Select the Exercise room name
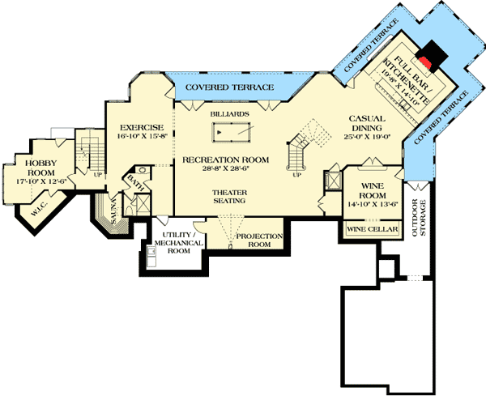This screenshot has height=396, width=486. [142, 127]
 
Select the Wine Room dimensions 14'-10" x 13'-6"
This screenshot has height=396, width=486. [373, 204]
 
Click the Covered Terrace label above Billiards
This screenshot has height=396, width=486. [218, 86]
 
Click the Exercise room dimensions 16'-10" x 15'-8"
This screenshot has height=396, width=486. [142, 137]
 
